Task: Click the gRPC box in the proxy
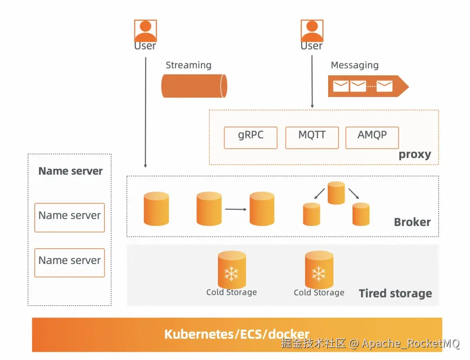pos(251,138)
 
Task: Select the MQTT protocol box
pos(312,138)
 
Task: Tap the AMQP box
pos(372,138)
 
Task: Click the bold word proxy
pos(415,155)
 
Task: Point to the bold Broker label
pos(412,222)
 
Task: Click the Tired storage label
pos(395,293)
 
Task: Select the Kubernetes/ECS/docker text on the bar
pos(237,334)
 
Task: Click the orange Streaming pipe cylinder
pos(194,86)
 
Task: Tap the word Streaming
pos(188,65)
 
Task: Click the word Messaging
pos(355,65)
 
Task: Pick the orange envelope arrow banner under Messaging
pos(368,86)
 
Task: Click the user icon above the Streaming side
pos(145,31)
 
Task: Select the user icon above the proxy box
pos(312,31)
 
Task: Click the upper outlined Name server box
pos(70,217)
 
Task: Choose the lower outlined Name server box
pos(70,263)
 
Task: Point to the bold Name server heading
pos(70,171)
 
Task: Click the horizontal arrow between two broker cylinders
pos(235,209)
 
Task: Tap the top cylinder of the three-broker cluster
pos(336,193)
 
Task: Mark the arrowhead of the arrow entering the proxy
pos(312,106)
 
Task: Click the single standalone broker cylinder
pos(156,209)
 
